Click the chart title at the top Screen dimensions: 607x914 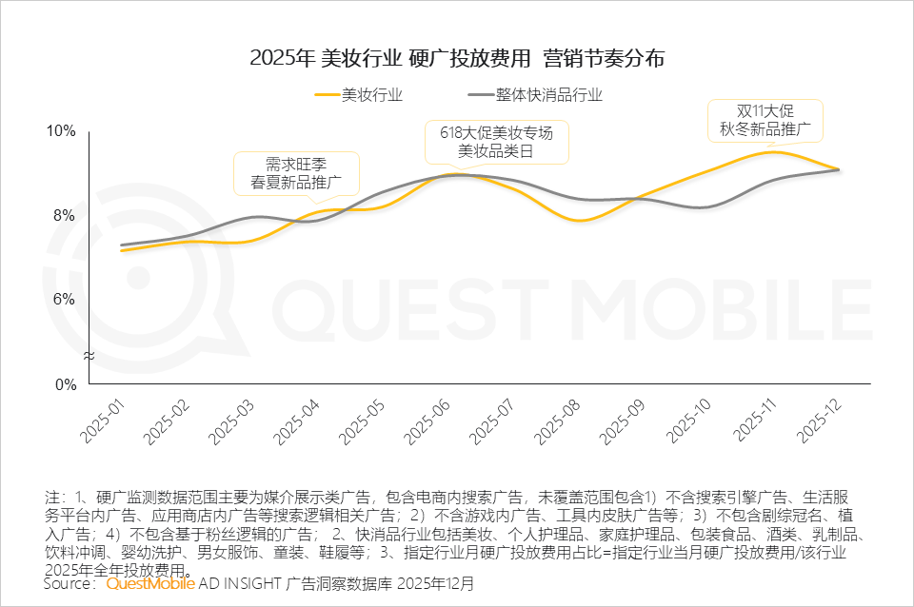click(457, 58)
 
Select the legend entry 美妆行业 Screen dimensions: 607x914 click(358, 95)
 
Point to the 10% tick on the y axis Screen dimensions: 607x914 click(61, 131)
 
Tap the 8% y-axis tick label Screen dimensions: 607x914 click(64, 216)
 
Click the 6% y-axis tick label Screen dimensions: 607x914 click(64, 300)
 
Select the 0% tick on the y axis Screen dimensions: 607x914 click(64, 385)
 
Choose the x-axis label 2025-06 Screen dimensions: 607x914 click(428, 420)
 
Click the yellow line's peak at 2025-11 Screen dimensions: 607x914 click(773, 152)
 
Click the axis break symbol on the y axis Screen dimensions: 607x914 click(89, 356)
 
